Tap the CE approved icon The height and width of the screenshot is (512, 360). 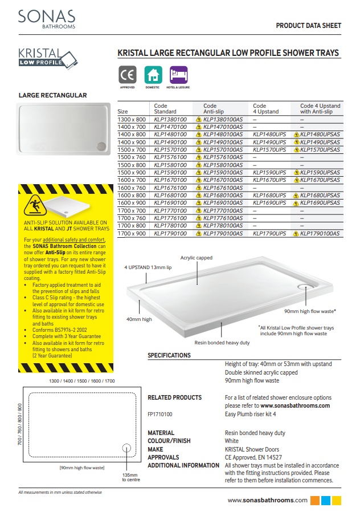pyautogui.click(x=128, y=75)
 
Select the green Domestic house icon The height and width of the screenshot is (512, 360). pyautogui.click(x=153, y=75)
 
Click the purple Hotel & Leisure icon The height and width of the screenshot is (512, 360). pyautogui.click(x=178, y=75)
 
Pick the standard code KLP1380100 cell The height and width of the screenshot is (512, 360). pyautogui.click(x=170, y=119)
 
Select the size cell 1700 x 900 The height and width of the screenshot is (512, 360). pyautogui.click(x=132, y=234)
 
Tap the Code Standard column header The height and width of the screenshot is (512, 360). pyautogui.click(x=165, y=109)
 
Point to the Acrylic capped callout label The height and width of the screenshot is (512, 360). pyautogui.click(x=197, y=258)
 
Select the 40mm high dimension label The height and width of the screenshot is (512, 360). pyautogui.click(x=139, y=319)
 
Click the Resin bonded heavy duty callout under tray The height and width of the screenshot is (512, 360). pyautogui.click(x=222, y=343)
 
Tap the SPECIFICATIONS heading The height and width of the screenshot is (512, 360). pyautogui.click(x=169, y=355)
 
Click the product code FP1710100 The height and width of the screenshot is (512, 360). pyautogui.click(x=160, y=415)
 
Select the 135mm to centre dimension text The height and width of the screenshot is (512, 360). pyautogui.click(x=130, y=477)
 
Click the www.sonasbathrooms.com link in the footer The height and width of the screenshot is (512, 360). pyautogui.click(x=267, y=500)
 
